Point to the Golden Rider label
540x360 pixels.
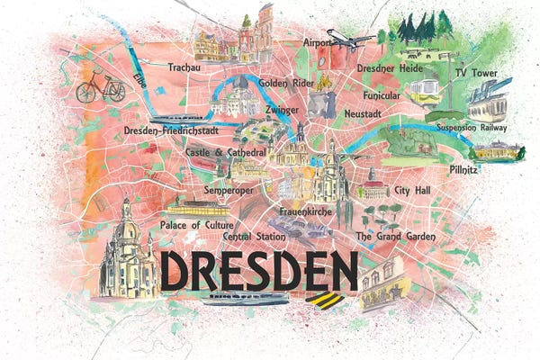[x=285, y=83]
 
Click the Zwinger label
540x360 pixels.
[x=282, y=110]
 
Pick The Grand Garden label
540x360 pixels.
[x=395, y=236]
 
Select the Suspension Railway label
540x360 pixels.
[x=472, y=128]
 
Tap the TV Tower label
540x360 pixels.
[x=477, y=71]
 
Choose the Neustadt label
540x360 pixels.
[x=367, y=114]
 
